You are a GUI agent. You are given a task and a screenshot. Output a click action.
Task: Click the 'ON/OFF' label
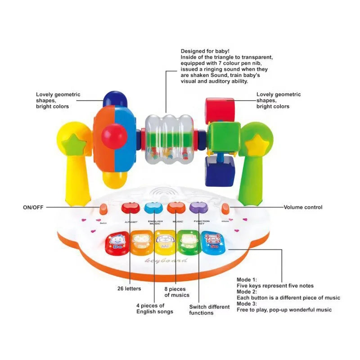[x=33, y=207]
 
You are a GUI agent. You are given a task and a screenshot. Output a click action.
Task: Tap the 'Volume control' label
[x=303, y=207]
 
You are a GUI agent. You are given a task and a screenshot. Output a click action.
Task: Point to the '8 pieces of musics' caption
[x=177, y=292]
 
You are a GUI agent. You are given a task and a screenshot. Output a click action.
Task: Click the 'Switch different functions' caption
[x=209, y=310]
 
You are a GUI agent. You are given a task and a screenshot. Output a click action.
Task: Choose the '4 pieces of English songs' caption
[x=155, y=309]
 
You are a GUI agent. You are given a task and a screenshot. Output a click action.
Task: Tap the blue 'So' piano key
[x=211, y=243]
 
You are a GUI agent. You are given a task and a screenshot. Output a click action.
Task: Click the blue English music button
[x=153, y=207]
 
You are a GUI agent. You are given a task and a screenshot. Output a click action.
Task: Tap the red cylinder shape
[x=220, y=108]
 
